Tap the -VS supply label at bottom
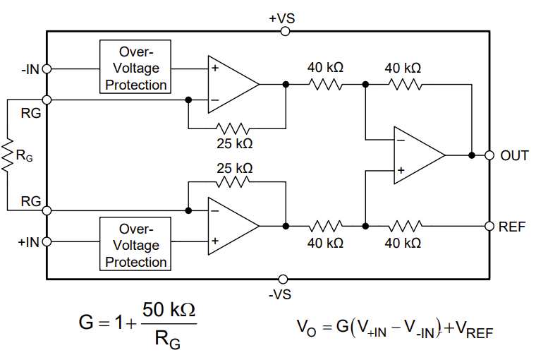282,294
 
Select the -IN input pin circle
47,69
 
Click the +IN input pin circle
47,242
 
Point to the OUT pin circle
489,155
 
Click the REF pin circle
489,226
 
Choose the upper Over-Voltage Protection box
136,68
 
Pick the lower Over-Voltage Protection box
136,245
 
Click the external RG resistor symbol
8,156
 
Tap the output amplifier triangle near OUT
416,155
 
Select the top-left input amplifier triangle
231,84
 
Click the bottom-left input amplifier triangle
231,226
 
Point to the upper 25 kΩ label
234,143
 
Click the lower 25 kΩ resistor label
234,168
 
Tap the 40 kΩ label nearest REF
403,243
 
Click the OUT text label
514,156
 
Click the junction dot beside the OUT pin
470,155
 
